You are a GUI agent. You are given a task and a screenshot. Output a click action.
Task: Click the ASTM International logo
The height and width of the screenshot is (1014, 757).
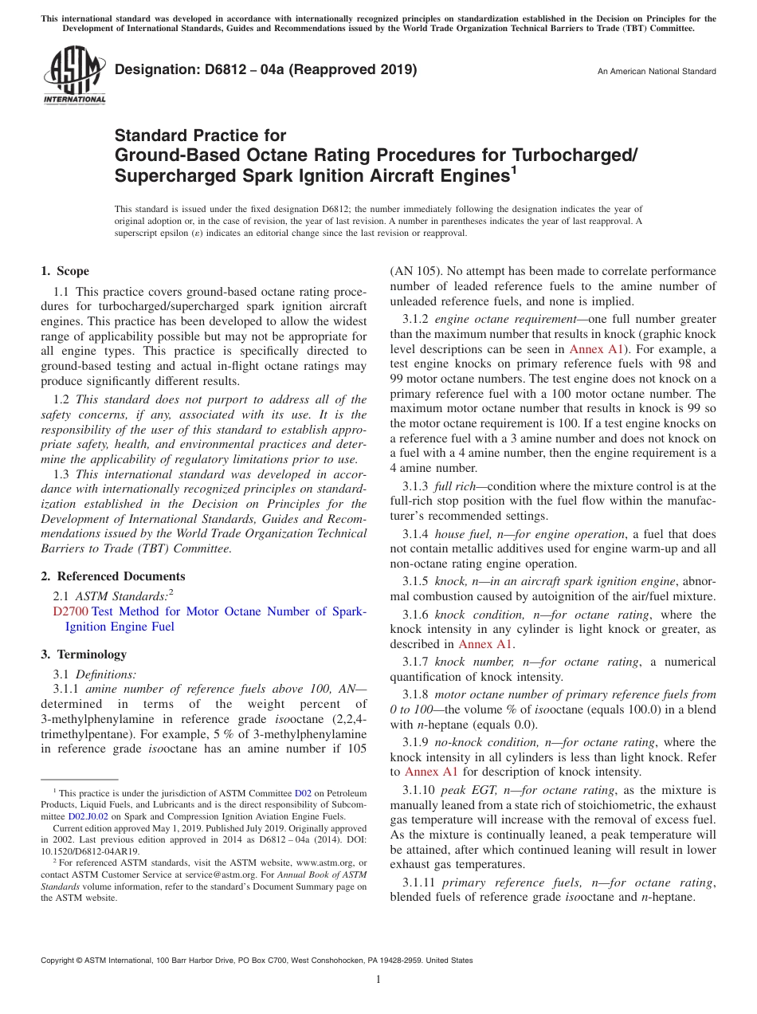(x=73, y=77)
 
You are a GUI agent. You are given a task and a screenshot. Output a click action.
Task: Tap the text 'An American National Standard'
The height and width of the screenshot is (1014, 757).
(x=656, y=72)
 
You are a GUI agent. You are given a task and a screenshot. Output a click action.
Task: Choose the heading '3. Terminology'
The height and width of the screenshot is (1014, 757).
(x=83, y=654)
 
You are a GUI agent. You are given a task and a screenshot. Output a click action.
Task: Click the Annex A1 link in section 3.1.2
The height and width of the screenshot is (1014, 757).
(x=591, y=349)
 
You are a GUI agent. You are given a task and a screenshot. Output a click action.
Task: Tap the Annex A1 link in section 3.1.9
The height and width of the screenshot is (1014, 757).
(x=431, y=772)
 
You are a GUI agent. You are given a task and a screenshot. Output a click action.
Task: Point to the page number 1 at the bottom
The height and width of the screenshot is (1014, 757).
(x=378, y=980)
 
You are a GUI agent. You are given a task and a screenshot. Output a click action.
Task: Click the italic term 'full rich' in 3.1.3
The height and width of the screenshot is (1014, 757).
(x=454, y=486)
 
